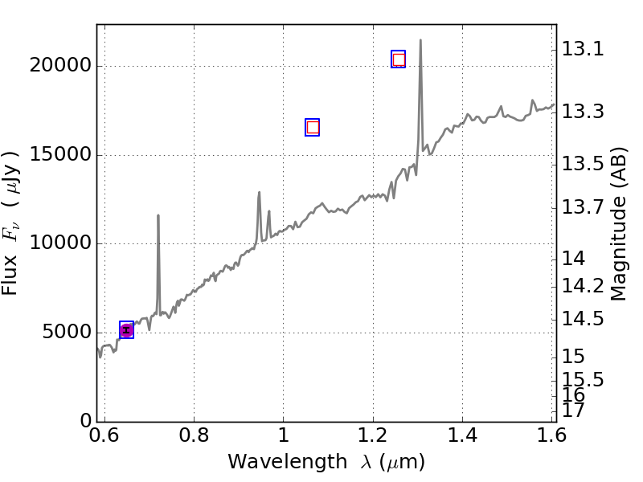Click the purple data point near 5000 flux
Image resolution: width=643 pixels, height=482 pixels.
(126, 330)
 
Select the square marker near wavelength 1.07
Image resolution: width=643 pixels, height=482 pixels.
(313, 127)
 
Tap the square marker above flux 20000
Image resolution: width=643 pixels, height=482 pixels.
(398, 59)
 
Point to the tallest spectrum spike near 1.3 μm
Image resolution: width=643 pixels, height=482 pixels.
(420, 41)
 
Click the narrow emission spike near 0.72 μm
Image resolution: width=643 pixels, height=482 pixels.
(158, 216)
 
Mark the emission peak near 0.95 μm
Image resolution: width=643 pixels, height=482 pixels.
(259, 193)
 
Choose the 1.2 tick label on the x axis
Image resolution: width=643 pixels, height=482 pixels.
(373, 436)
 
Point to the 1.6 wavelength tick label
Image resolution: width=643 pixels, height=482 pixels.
(551, 436)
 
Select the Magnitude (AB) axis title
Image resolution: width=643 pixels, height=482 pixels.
(619, 223)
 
